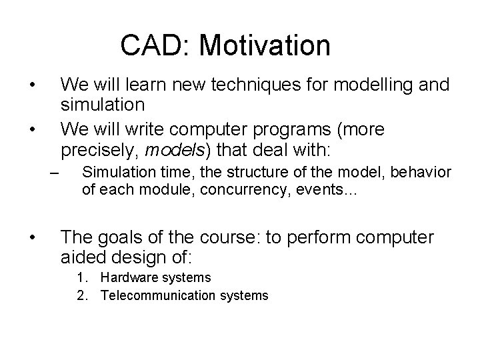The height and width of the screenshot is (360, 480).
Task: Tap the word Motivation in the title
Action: [x=265, y=46]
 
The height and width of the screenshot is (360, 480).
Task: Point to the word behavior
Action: [x=423, y=173]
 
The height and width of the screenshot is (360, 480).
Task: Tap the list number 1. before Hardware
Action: [x=82, y=277]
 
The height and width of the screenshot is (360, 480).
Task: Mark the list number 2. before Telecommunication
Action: [x=82, y=295]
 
